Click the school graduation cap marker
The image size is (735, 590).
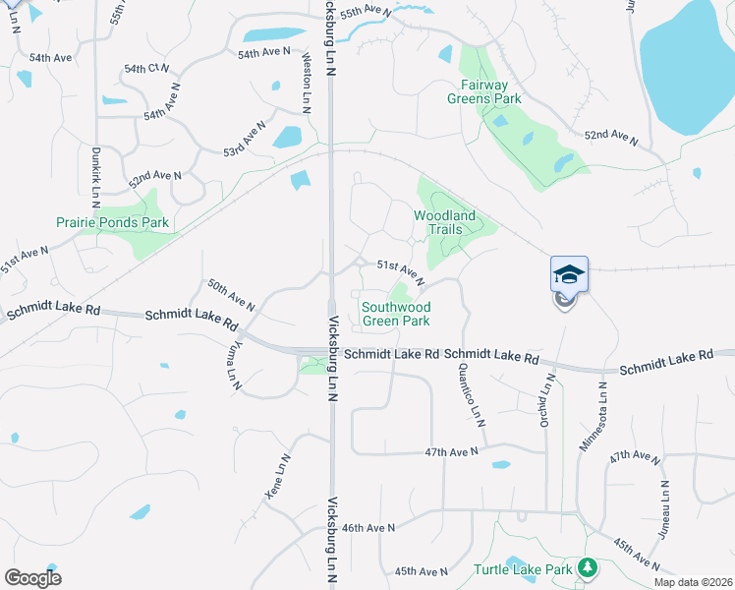pyautogui.click(x=569, y=274)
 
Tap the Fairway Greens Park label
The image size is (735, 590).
pyautogui.click(x=483, y=91)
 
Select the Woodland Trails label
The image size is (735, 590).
pyautogui.click(x=444, y=222)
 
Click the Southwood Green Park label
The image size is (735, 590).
pyautogui.click(x=396, y=314)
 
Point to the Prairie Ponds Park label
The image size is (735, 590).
pyautogui.click(x=112, y=223)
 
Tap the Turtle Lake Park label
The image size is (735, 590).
pyautogui.click(x=523, y=569)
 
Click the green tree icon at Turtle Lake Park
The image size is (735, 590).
pyautogui.click(x=588, y=567)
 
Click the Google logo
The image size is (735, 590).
pyautogui.click(x=32, y=578)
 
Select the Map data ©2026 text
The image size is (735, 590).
pyautogui.click(x=693, y=582)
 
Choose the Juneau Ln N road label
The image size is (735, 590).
pyautogui.click(x=666, y=513)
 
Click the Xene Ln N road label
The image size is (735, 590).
pyautogui.click(x=277, y=477)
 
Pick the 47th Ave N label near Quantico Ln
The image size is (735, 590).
pyautogui.click(x=451, y=451)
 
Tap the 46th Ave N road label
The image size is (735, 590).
pyautogui.click(x=368, y=528)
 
